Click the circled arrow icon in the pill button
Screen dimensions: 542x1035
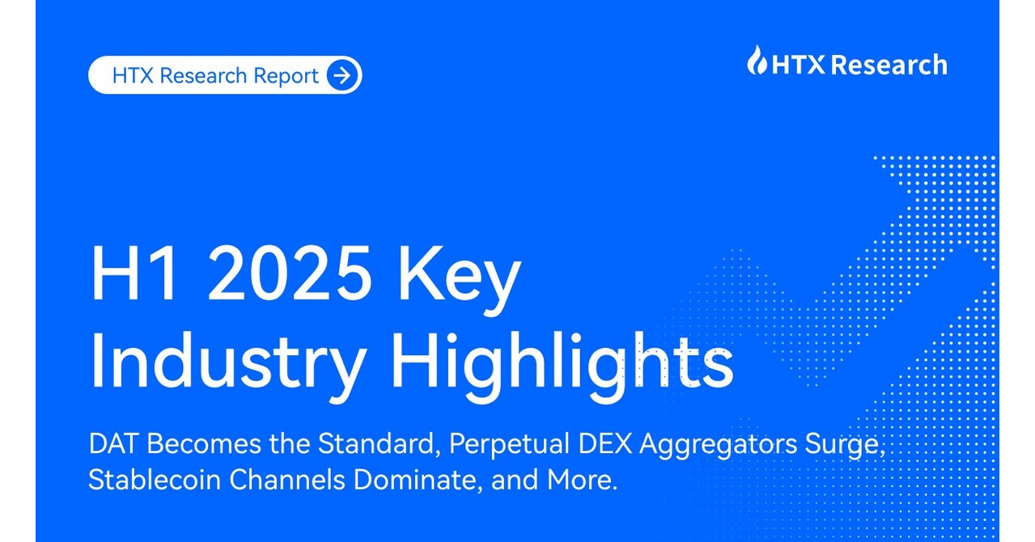tap(343, 76)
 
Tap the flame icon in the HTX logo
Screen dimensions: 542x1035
tap(757, 61)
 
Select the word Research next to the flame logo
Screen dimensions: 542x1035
tap(889, 64)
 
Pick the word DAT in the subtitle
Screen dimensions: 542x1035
tap(113, 444)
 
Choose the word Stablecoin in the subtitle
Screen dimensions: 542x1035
tap(153, 481)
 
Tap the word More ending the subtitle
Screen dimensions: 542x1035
tap(586, 481)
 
